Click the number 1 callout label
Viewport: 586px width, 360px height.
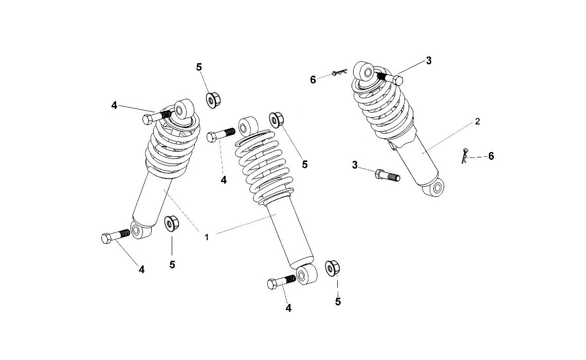pyautogui.click(x=206, y=237)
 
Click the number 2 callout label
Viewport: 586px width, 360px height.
pyautogui.click(x=478, y=121)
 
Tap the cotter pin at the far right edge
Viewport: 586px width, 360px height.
pyautogui.click(x=465, y=155)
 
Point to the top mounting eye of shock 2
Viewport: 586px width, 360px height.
pyautogui.click(x=366, y=71)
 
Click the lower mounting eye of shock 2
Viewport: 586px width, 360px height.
pyautogui.click(x=437, y=189)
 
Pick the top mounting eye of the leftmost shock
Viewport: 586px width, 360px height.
pyautogui.click(x=182, y=110)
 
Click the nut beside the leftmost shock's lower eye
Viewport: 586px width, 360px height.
pyautogui.click(x=170, y=224)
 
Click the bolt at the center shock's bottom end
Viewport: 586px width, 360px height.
pyautogui.click(x=281, y=282)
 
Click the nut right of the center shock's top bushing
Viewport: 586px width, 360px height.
pyautogui.click(x=276, y=119)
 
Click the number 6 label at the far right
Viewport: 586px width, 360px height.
pyautogui.click(x=491, y=156)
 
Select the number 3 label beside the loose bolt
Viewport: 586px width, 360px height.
pyautogui.click(x=355, y=165)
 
